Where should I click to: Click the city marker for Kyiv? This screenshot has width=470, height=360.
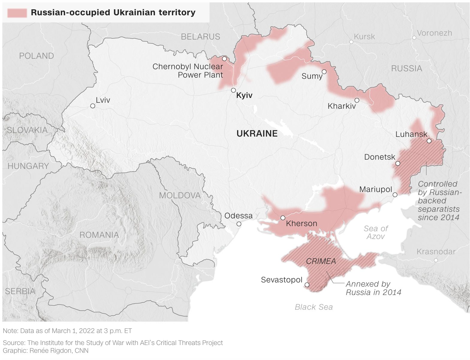click(x=233, y=90)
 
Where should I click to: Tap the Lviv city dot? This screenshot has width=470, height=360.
click(x=93, y=106)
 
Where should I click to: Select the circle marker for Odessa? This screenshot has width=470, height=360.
click(x=239, y=224)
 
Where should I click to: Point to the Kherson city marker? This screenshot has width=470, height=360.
click(x=283, y=218)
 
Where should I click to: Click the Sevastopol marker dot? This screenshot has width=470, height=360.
click(x=307, y=285)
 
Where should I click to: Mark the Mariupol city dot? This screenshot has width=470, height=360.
click(x=395, y=195)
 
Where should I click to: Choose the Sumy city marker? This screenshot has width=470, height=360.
click(x=324, y=72)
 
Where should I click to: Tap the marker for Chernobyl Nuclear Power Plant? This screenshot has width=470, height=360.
click(x=224, y=58)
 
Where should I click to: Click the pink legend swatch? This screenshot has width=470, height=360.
click(x=17, y=13)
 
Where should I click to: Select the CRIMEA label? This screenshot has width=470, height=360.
click(x=321, y=261)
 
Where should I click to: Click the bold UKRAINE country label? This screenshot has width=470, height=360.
click(x=257, y=134)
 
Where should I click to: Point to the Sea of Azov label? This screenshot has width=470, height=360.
click(x=376, y=232)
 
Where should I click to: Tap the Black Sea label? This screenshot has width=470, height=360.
click(x=314, y=307)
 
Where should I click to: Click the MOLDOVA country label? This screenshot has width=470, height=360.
click(x=180, y=196)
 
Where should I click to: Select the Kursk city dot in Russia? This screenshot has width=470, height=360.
click(x=351, y=42)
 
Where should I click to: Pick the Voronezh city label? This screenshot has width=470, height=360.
click(x=434, y=33)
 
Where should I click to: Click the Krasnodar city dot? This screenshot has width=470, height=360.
click(x=436, y=260)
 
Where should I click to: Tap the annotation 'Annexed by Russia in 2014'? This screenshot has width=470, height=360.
click(x=373, y=288)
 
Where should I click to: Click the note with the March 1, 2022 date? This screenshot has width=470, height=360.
click(x=67, y=331)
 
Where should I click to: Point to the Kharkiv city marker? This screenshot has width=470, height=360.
click(x=357, y=100)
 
